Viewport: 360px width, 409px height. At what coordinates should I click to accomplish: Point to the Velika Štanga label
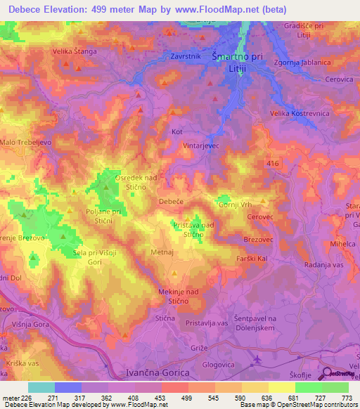coord(75,51)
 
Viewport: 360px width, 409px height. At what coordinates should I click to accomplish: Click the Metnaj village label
coord(162,251)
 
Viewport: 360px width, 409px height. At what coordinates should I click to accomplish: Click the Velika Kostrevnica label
coord(298,113)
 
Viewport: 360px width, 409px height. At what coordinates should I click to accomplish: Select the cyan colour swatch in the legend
coord(41,387)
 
